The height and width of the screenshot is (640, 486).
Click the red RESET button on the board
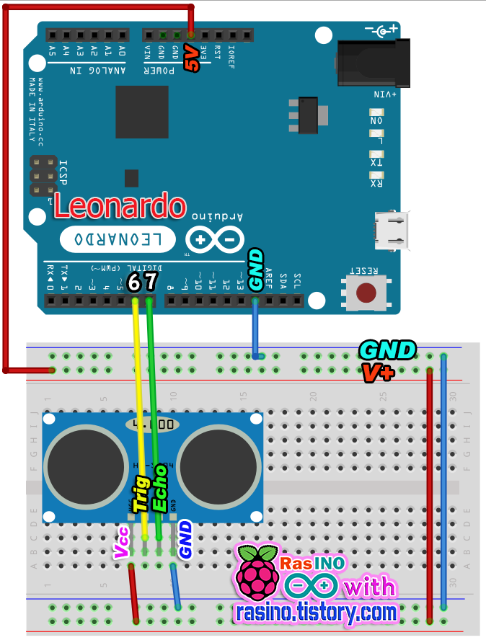click(x=367, y=293)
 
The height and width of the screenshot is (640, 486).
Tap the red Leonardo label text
click(x=119, y=207)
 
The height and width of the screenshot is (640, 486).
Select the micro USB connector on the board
click(x=389, y=229)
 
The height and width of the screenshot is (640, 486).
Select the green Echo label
click(x=160, y=488)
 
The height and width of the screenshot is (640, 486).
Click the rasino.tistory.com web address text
click(x=317, y=613)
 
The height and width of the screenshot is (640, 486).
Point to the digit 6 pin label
click(x=134, y=281)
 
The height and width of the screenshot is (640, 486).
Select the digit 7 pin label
click(x=150, y=281)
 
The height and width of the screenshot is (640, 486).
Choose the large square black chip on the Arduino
click(x=141, y=112)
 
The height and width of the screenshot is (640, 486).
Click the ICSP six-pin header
click(x=43, y=176)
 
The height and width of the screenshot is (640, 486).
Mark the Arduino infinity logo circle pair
click(x=214, y=239)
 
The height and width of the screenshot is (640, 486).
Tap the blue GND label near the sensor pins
click(x=185, y=541)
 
